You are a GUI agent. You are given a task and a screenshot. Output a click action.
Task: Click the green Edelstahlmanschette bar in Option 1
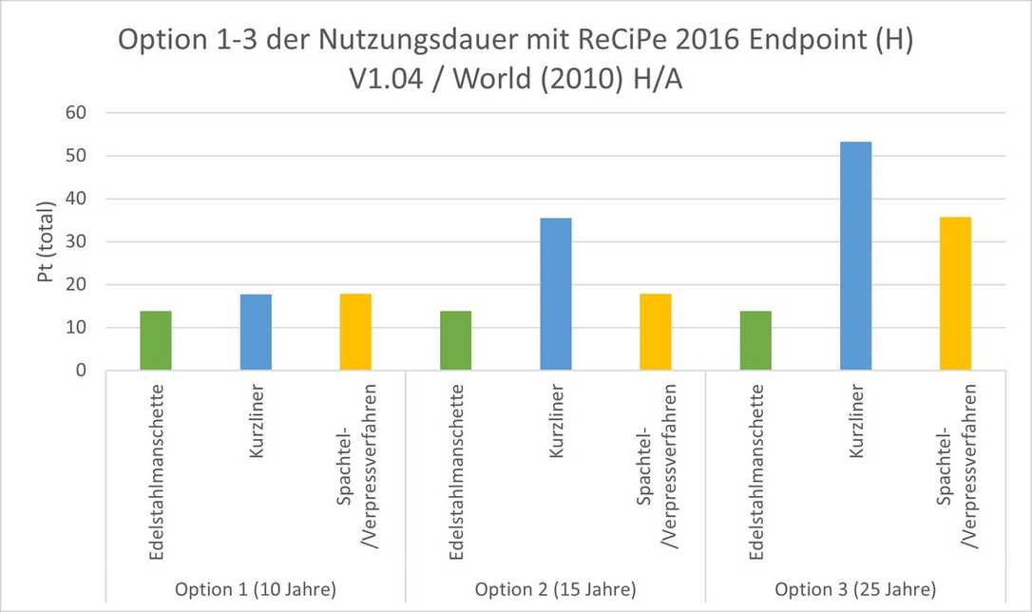(x=156, y=341)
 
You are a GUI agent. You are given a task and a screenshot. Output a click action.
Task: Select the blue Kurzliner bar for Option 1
(x=256, y=333)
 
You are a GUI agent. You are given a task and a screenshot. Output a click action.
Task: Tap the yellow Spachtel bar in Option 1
(x=355, y=333)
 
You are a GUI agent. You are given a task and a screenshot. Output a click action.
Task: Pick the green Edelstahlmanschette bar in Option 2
(x=455, y=341)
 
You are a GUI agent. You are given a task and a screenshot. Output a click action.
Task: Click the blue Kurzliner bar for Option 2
(x=556, y=295)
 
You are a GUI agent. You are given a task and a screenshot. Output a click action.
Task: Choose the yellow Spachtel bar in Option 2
(x=656, y=333)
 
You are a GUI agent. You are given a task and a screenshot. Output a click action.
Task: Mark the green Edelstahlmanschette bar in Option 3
(x=755, y=341)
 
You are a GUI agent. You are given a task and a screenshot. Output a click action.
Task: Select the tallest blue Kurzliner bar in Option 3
(x=855, y=257)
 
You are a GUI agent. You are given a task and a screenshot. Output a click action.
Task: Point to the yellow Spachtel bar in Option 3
(x=955, y=294)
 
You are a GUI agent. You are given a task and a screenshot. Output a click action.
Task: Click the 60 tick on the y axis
(x=75, y=113)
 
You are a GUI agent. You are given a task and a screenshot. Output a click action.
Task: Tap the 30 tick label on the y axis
(x=75, y=242)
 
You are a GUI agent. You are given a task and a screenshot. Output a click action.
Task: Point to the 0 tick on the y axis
(x=81, y=371)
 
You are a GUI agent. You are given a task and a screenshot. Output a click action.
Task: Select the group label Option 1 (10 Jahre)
(x=256, y=588)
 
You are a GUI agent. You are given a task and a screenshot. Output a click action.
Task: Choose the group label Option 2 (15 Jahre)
(x=556, y=588)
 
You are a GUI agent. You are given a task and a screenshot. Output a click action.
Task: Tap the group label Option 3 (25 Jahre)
(x=855, y=588)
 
